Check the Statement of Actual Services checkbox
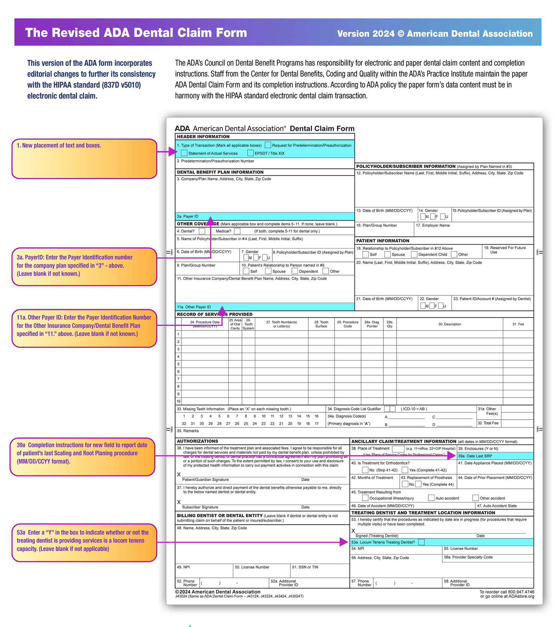coord(184,153)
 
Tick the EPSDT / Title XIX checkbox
coord(250,153)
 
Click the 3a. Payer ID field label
coord(187,216)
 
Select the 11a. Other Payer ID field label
coord(194,307)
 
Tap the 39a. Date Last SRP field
coord(495,456)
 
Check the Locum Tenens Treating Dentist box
coord(422,542)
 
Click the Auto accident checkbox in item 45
coord(431,498)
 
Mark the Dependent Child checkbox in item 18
coord(414,254)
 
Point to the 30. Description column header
coord(449,324)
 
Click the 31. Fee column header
coord(518,324)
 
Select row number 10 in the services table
coord(178,401)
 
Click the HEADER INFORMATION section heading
coord(203,137)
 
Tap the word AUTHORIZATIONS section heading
coord(197,441)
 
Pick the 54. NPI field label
coord(357,549)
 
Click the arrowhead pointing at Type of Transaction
coord(173,152)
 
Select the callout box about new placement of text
coord(84,159)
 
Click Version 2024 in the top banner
coord(366,34)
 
